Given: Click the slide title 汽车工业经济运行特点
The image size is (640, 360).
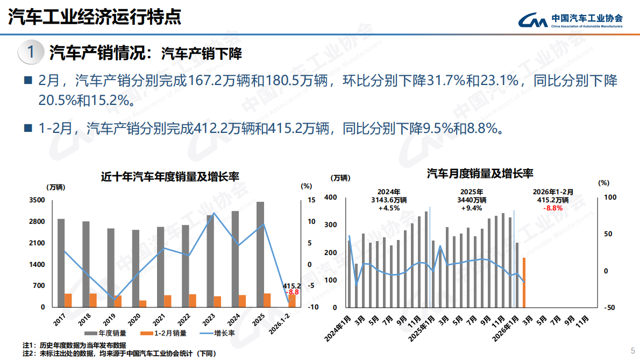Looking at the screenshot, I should click(95, 17).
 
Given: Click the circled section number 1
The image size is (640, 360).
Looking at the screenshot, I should click(31, 52).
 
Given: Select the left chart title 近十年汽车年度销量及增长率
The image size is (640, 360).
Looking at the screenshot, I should click(170, 177).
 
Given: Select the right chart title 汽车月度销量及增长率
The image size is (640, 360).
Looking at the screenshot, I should click(480, 173).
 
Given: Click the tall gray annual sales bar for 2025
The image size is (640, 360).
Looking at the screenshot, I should click(260, 253).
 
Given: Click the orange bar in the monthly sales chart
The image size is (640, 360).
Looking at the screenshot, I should click(524, 283).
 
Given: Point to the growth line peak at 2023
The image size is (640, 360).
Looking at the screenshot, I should click(214, 213).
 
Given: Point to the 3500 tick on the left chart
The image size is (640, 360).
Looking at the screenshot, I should click(37, 200).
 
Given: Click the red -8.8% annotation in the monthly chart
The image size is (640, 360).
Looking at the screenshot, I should click(553, 208).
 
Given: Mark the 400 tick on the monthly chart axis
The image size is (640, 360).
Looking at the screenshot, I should click(330, 197).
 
